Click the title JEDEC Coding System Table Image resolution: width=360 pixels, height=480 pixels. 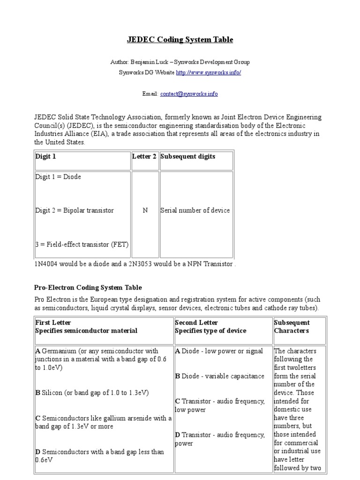pos(180,40)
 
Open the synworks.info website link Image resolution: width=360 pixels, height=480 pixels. pos(208,73)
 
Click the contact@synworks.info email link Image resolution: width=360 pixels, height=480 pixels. pos(189,94)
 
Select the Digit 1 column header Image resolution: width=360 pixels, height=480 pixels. pos(46,157)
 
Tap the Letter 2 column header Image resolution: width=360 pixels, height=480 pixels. pos(145,157)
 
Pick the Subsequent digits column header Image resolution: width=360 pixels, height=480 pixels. pos(187,157)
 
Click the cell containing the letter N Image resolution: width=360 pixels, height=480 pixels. pos(145,210)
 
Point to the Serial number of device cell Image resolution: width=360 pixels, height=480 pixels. pos(195,210)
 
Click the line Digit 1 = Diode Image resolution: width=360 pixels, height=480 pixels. pos(58,177)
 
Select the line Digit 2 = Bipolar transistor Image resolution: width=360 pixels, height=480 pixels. pos(75,210)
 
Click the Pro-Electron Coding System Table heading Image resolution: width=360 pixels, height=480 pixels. pos(88,287)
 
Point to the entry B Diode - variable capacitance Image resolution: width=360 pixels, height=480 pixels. pos(219,376)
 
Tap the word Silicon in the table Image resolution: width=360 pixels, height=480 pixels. pos(52,392)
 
